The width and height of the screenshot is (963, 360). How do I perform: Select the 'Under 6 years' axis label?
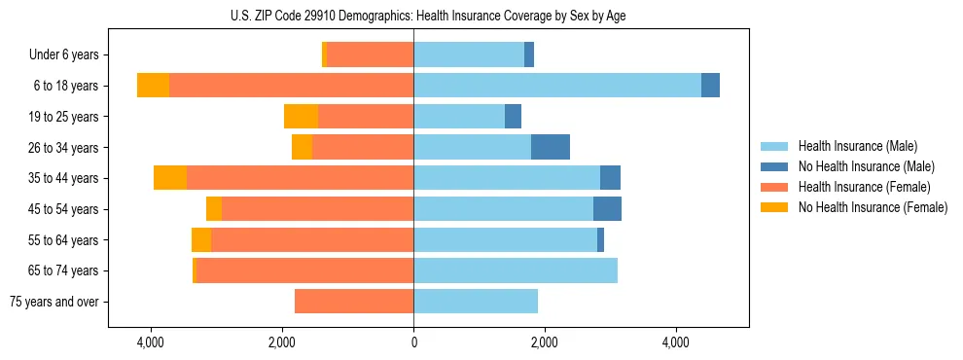click(x=70, y=55)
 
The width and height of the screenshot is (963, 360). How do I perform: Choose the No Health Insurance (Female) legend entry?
click(x=873, y=207)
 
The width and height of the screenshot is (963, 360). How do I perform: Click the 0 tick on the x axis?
click(x=413, y=342)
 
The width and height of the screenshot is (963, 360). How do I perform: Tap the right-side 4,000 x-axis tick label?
click(x=676, y=342)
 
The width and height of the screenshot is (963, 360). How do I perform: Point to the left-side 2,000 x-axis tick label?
click(x=282, y=342)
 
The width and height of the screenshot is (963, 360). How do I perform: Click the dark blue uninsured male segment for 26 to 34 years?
click(x=551, y=147)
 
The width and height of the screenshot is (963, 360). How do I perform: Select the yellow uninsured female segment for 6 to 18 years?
click(x=153, y=86)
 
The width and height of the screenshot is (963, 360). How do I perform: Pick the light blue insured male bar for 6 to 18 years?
click(x=556, y=86)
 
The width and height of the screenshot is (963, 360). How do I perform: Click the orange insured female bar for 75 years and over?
click(x=354, y=302)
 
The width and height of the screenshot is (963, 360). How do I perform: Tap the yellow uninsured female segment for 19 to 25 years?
click(x=301, y=117)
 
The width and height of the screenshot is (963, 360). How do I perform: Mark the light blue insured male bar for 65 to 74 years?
click(x=516, y=270)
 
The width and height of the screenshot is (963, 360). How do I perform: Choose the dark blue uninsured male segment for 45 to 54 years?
click(x=607, y=209)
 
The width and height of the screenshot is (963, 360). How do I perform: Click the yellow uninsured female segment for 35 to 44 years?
click(x=170, y=178)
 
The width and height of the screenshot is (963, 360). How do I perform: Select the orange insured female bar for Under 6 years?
click(x=370, y=54)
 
